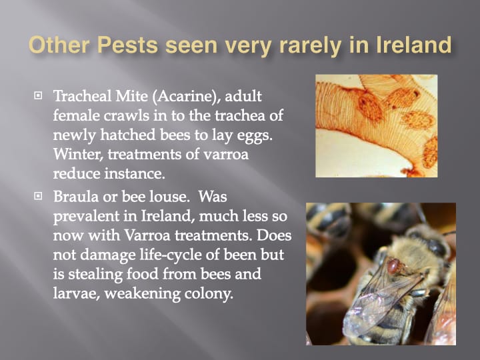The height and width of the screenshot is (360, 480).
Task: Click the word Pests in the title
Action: [127, 45]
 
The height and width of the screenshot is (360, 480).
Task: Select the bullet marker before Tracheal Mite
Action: [38, 95]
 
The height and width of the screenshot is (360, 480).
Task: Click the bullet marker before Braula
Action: [38, 195]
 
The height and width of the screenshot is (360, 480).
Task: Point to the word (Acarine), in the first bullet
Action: [187, 97]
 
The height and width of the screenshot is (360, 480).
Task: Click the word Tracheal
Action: [83, 96]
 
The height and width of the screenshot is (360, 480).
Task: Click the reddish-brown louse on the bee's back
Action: [393, 266]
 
